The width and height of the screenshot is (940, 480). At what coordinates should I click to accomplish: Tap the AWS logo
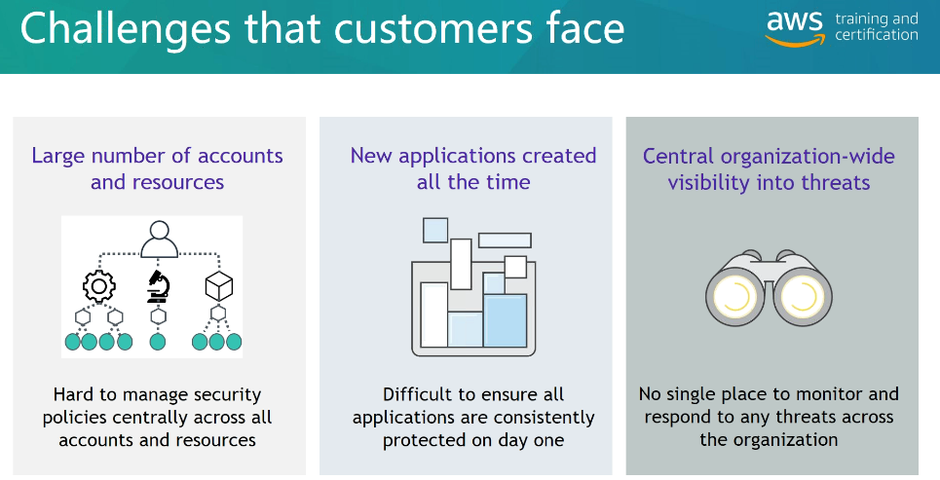(795, 27)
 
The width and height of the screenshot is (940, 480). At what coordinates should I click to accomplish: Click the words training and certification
(877, 27)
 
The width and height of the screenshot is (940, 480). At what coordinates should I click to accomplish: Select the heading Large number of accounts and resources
(157, 168)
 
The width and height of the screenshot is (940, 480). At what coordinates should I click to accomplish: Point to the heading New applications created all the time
(473, 168)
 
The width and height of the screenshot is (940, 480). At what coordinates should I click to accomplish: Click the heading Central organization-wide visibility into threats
(769, 169)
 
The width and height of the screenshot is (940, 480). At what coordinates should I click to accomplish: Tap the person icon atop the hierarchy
(160, 240)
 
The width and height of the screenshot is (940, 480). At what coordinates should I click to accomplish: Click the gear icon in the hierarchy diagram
(99, 286)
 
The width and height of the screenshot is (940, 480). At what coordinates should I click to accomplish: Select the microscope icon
(158, 286)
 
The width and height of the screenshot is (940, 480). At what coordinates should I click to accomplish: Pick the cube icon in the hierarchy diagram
(218, 286)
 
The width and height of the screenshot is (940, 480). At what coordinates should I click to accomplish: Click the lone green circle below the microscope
(158, 342)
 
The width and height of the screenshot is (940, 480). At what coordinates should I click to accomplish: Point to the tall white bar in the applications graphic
(434, 314)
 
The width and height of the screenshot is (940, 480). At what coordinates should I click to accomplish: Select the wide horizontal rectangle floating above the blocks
(505, 240)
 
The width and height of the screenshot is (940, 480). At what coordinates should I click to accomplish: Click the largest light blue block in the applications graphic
(505, 320)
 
